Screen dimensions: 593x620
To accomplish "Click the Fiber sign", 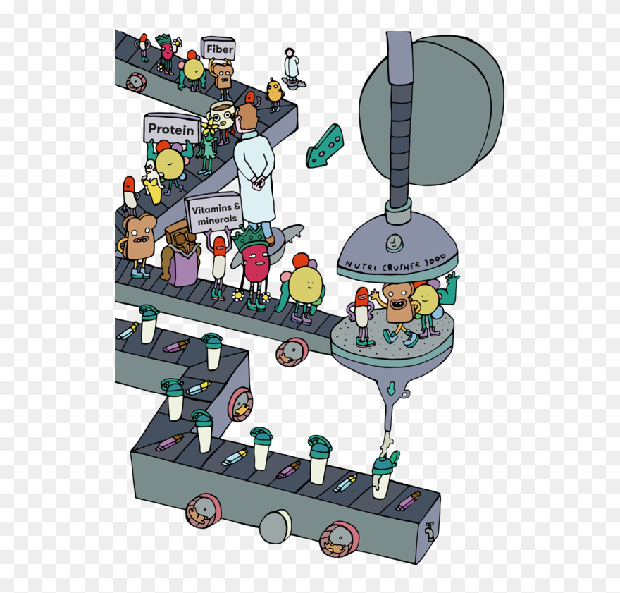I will [x=218, y=49].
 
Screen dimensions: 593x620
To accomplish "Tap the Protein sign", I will [x=171, y=129].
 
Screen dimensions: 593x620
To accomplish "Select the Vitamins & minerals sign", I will [x=215, y=212].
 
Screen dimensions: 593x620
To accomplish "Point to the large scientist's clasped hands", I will [x=259, y=183].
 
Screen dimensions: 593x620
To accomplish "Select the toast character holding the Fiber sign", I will [x=223, y=77].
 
